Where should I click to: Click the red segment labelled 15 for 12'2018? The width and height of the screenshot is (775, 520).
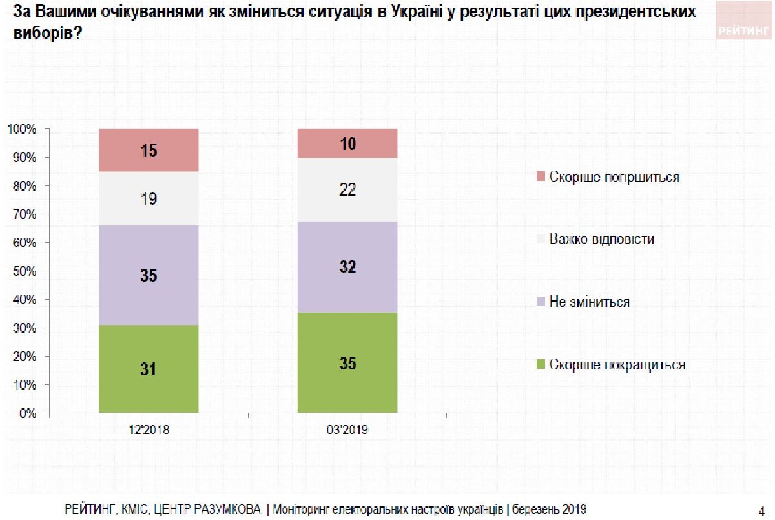point(149,150)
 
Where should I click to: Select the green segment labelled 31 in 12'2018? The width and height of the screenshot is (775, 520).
point(149,368)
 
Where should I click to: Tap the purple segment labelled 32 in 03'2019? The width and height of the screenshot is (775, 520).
point(347,267)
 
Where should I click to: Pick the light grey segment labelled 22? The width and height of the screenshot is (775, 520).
point(347,190)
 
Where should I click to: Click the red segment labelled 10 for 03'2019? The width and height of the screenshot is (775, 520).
point(347,143)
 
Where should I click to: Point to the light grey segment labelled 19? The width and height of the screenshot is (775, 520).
point(149,198)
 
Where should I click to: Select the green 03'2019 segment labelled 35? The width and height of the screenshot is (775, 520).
point(347,362)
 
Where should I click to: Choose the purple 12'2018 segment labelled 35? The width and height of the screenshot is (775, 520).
point(149,275)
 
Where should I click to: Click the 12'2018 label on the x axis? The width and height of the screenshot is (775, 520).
point(149,429)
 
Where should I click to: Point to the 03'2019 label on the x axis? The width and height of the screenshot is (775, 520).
point(347,429)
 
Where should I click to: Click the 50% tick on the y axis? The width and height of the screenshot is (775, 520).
point(25,271)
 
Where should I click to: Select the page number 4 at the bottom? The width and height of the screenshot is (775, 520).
point(762,508)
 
